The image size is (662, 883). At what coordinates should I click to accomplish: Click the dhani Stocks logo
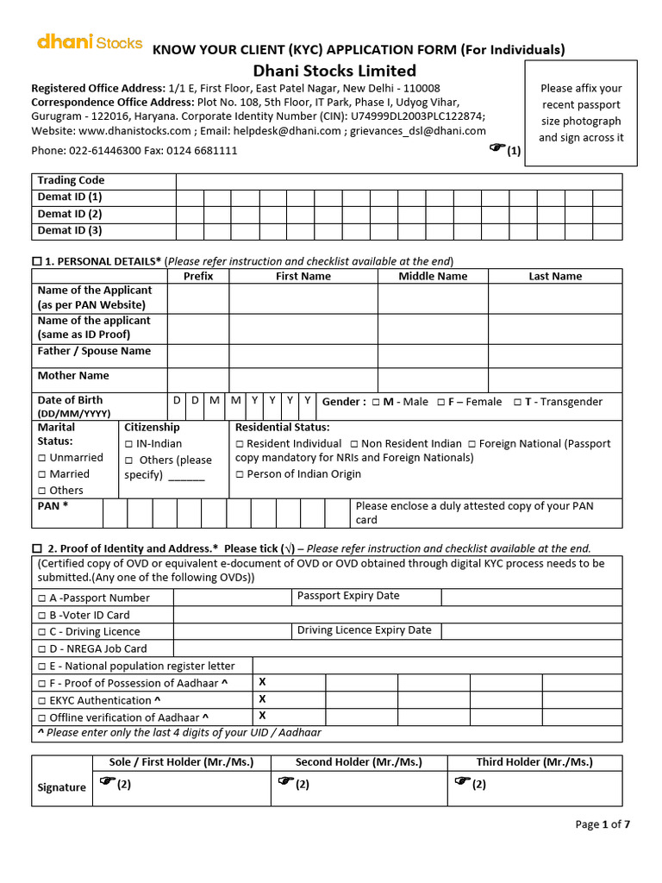90,42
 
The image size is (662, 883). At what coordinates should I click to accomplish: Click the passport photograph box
581,113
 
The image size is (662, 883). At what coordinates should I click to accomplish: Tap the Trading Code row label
71,180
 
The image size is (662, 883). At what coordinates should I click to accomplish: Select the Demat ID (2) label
70,214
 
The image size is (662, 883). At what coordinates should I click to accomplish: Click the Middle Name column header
433,276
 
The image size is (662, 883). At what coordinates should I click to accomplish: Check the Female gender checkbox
440,402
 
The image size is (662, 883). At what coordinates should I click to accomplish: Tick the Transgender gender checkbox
517,402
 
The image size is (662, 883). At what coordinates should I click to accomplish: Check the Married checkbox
42,474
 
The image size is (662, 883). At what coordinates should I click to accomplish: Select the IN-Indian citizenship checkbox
129,444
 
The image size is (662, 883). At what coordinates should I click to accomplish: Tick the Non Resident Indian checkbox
354,444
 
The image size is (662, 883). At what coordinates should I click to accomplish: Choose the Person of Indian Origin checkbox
240,474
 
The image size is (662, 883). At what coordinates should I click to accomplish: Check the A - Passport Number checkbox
42,598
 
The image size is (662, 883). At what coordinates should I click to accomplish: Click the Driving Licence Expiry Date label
364,630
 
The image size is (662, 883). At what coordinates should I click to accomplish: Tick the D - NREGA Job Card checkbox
42,649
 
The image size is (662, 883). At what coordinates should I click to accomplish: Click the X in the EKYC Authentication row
262,699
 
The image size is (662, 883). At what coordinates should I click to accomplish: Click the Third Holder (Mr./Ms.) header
534,762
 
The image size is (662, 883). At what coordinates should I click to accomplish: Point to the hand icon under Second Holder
284,781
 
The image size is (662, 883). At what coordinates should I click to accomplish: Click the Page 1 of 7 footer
603,824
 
